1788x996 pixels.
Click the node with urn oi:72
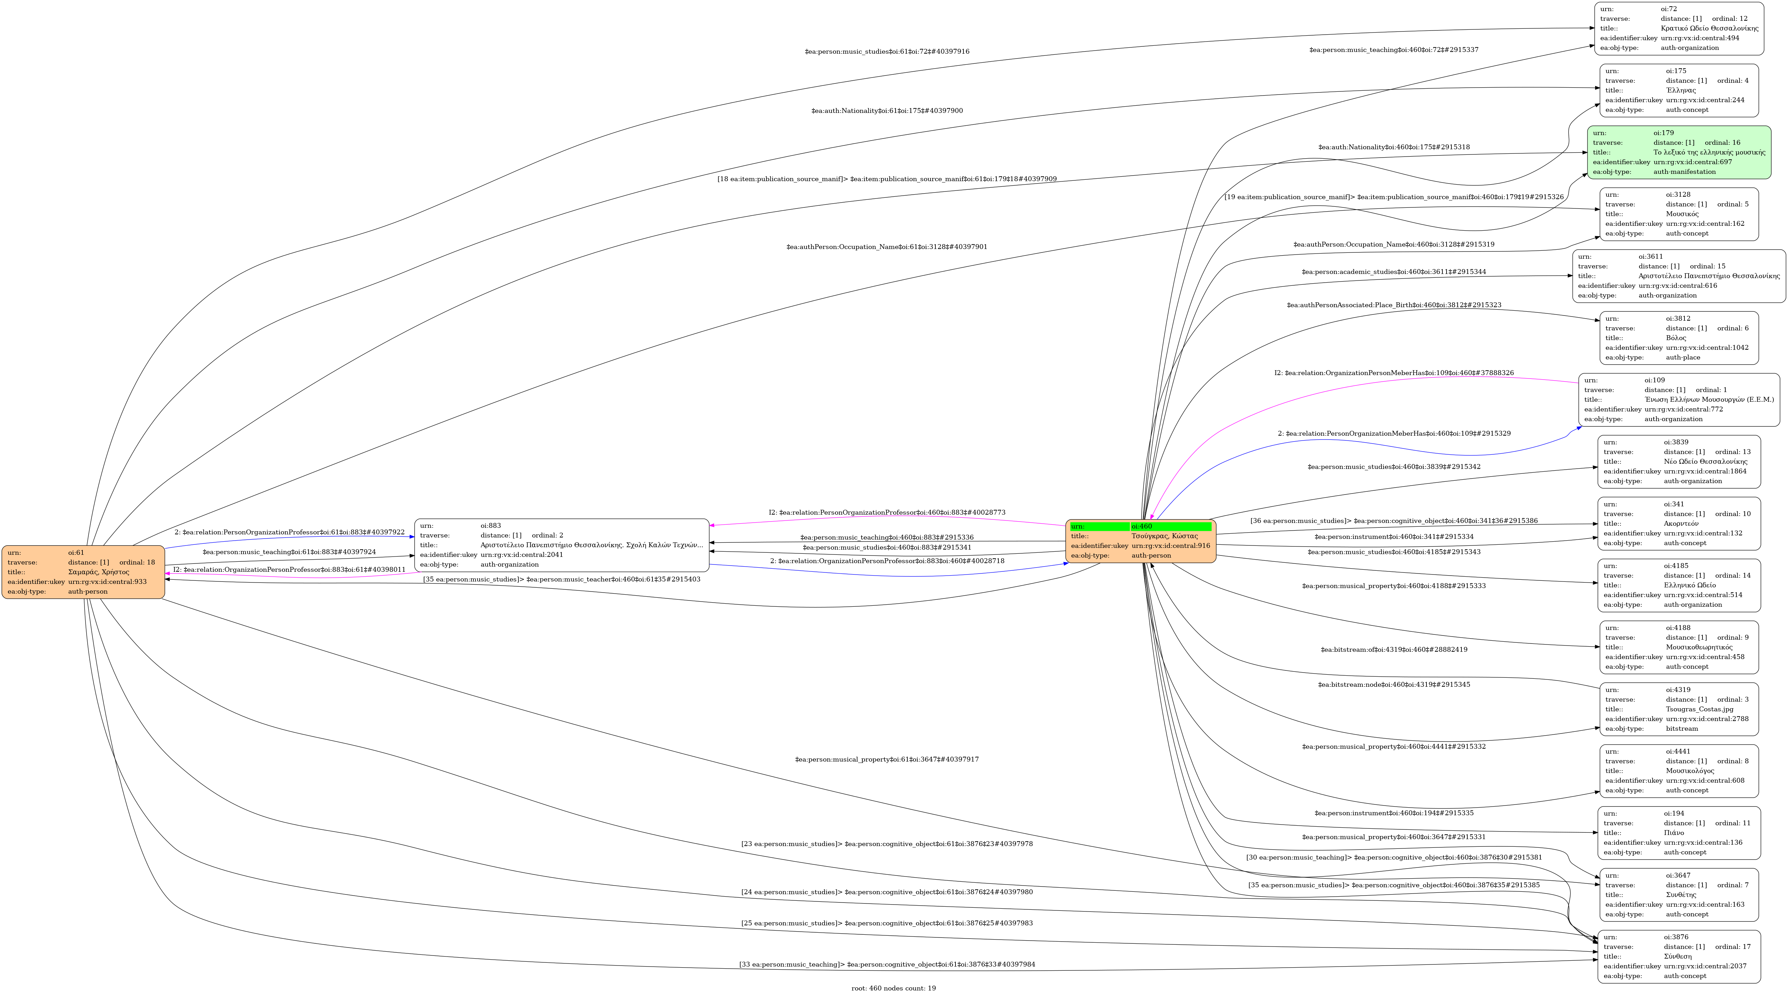click(1678, 28)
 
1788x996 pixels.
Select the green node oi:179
click(1678, 152)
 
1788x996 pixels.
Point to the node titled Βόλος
click(1678, 338)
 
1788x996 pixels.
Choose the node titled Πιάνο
click(1678, 833)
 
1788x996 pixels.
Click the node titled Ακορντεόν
click(1678, 523)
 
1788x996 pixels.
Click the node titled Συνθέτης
click(1678, 895)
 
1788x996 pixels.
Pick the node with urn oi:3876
click(1678, 957)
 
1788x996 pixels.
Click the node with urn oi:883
click(561, 545)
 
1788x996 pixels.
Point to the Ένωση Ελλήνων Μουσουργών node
click(1678, 400)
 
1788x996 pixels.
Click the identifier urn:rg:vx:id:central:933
click(108, 582)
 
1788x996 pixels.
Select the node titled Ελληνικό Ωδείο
click(1678, 585)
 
